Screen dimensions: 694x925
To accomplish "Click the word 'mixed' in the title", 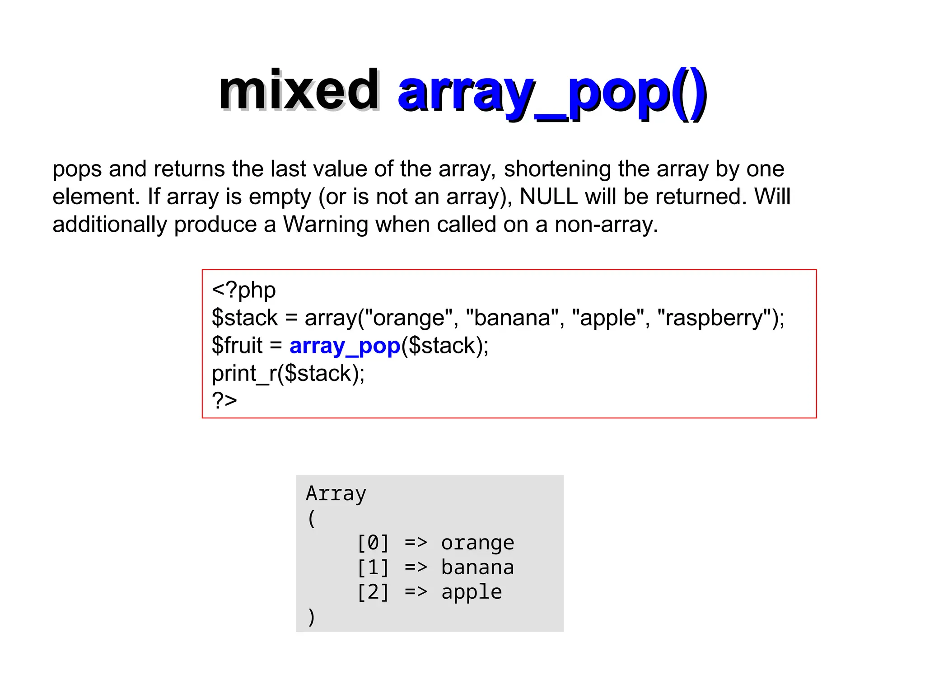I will point(299,91).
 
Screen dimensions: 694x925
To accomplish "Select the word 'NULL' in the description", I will point(548,197).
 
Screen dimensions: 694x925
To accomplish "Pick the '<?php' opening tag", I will point(243,291).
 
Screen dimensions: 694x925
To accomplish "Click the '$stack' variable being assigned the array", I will point(244,318).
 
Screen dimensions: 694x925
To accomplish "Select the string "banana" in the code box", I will point(512,318).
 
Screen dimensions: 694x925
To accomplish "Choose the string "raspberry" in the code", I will point(714,318).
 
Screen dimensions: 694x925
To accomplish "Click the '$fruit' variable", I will point(237,346).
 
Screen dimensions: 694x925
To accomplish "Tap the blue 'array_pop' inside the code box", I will point(345,346).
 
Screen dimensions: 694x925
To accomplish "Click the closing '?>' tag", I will point(224,400).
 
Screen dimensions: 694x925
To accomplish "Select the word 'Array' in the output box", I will point(336,493).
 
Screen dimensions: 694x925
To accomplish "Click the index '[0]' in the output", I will point(373,543).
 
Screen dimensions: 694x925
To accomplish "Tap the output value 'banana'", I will point(477,567).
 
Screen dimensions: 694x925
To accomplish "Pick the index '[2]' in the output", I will point(373,592).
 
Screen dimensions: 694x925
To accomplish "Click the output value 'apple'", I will point(472,592).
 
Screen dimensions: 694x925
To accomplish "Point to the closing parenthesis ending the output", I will point(311,617).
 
